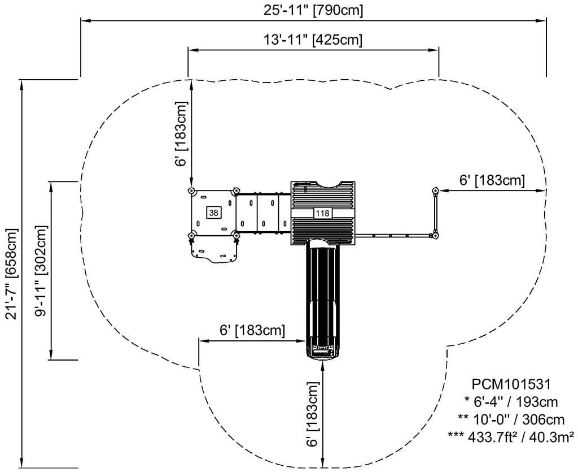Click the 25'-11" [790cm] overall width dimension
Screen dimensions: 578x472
point(313,10)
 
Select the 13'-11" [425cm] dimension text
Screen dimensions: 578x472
point(313,39)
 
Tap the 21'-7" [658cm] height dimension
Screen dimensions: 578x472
point(11,274)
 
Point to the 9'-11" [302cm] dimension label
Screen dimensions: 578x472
point(40,271)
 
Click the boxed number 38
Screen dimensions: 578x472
point(213,213)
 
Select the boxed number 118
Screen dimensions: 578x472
point(322,213)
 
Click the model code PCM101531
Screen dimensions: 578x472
point(511,384)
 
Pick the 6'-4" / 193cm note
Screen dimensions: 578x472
point(511,401)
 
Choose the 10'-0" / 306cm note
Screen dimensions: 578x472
point(511,419)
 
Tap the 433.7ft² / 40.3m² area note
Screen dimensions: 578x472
point(511,436)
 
